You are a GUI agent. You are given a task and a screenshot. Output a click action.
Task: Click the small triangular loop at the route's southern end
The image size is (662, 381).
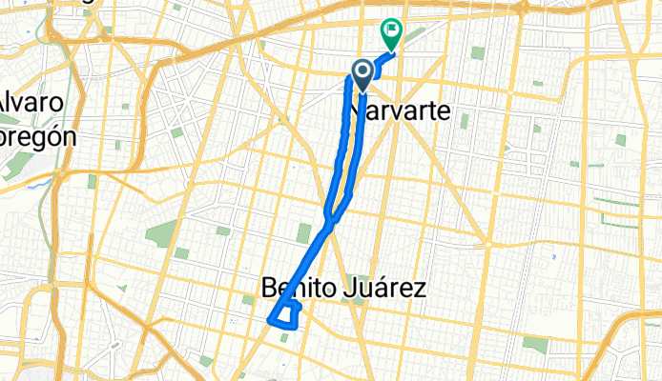click(285, 314)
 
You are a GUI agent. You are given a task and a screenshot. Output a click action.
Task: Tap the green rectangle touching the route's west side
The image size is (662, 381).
click(304, 233)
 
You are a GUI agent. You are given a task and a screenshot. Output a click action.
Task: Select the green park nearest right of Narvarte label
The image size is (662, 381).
click(464, 120)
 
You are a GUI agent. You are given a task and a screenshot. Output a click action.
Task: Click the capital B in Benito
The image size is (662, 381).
click(268, 287)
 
